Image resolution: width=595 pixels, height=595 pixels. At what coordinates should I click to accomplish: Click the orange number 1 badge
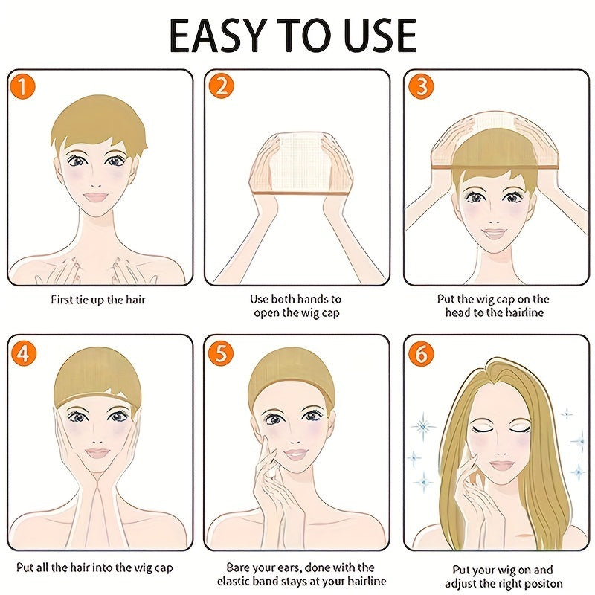pyautogui.click(x=24, y=88)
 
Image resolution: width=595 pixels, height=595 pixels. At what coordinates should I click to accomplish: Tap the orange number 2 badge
pyautogui.click(x=221, y=88)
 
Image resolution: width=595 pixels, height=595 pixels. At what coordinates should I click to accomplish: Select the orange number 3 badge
pyautogui.click(x=421, y=88)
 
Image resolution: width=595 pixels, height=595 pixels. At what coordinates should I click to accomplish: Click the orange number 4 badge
pyautogui.click(x=24, y=354)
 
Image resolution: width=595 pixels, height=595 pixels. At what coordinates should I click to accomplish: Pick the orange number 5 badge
pyautogui.click(x=221, y=354)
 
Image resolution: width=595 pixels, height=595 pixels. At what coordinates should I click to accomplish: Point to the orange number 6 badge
pyautogui.click(x=421, y=354)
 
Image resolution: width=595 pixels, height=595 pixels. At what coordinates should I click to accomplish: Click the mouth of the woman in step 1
pyautogui.click(x=97, y=197)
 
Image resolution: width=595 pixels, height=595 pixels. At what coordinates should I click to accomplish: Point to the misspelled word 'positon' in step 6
pyautogui.click(x=544, y=584)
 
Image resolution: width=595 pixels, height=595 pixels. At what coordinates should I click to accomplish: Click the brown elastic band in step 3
pyautogui.click(x=495, y=169)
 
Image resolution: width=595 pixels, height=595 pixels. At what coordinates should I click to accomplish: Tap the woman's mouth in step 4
pyautogui.click(x=97, y=452)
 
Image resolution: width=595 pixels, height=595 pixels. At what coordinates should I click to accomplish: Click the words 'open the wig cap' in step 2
pyautogui.click(x=296, y=313)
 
